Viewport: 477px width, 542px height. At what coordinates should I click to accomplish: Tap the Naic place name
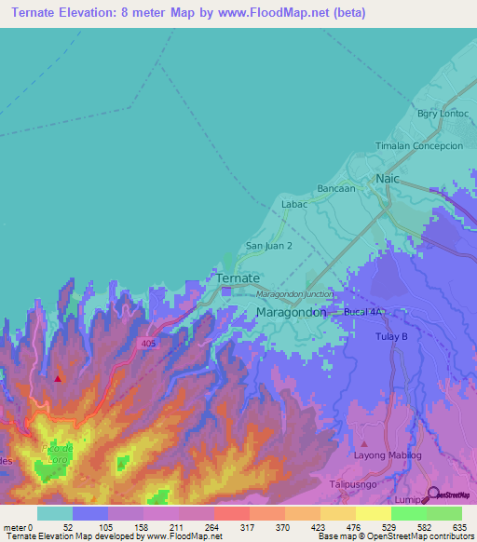click(x=387, y=178)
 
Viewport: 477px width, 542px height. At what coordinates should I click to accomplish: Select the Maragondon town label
click(x=291, y=312)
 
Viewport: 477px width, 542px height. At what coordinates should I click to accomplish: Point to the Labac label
click(x=294, y=204)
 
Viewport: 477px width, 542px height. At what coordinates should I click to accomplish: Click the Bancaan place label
click(x=336, y=188)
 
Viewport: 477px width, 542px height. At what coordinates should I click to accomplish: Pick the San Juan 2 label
click(x=269, y=246)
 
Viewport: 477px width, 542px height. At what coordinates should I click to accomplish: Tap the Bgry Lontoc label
click(x=443, y=114)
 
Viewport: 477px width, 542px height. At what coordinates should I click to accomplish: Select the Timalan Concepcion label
click(x=418, y=146)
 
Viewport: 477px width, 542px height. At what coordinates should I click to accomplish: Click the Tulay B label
click(x=393, y=336)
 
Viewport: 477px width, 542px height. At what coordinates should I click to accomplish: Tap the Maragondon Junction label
click(x=294, y=294)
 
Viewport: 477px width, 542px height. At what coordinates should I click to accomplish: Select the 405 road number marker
click(x=150, y=344)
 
